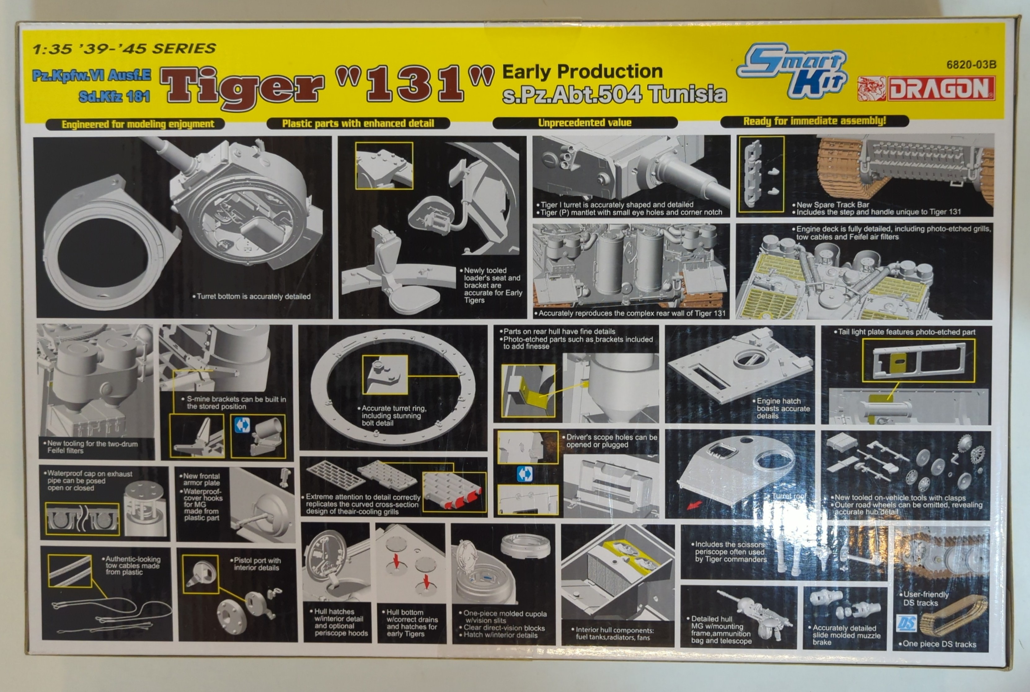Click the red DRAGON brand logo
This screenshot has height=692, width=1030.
click(x=926, y=89)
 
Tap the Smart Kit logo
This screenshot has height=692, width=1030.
click(x=792, y=71)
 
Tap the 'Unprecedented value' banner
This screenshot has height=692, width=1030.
click(x=585, y=123)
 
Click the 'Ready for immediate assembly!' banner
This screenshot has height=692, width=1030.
click(x=814, y=121)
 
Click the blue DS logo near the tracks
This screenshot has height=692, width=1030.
click(x=907, y=623)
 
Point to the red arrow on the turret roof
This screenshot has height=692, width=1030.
click(x=694, y=504)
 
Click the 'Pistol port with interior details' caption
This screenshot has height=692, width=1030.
click(x=256, y=564)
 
